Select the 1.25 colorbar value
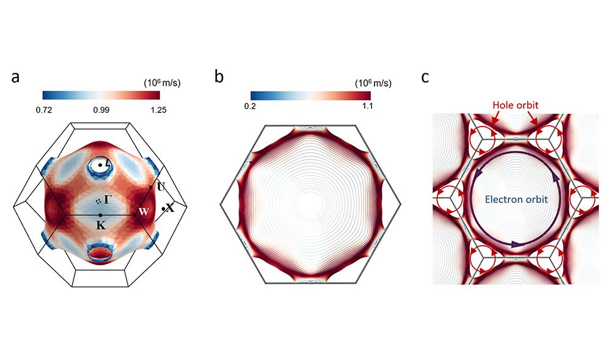[158, 110]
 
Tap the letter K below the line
[101, 225]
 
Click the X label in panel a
[170, 208]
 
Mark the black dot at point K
[100, 215]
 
